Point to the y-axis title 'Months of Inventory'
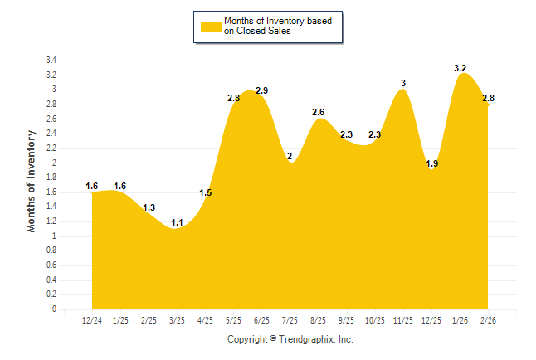point(32,180)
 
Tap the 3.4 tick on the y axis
point(51,61)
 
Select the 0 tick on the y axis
point(54,309)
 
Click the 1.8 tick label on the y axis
point(51,178)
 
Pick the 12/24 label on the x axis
point(92,320)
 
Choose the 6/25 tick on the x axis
point(261,320)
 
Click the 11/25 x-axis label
point(402,320)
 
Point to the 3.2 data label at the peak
point(460,68)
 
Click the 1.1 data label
point(177,222)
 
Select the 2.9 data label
point(262,90)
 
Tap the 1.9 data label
point(431,163)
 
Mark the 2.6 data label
point(319,112)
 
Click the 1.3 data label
point(149,207)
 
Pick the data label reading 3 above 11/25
point(403,83)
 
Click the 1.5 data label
point(206,193)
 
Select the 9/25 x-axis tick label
point(346,320)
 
